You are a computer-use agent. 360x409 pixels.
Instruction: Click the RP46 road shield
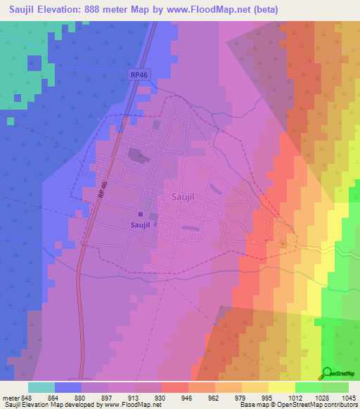pyautogui.click(x=139, y=74)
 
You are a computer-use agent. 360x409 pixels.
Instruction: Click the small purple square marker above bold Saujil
pyautogui.click(x=141, y=215)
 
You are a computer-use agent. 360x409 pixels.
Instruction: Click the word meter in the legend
pyautogui.click(x=10, y=397)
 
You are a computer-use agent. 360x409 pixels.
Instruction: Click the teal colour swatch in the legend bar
pyautogui.click(x=41, y=387)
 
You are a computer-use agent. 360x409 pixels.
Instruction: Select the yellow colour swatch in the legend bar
pyautogui.click(x=281, y=387)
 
